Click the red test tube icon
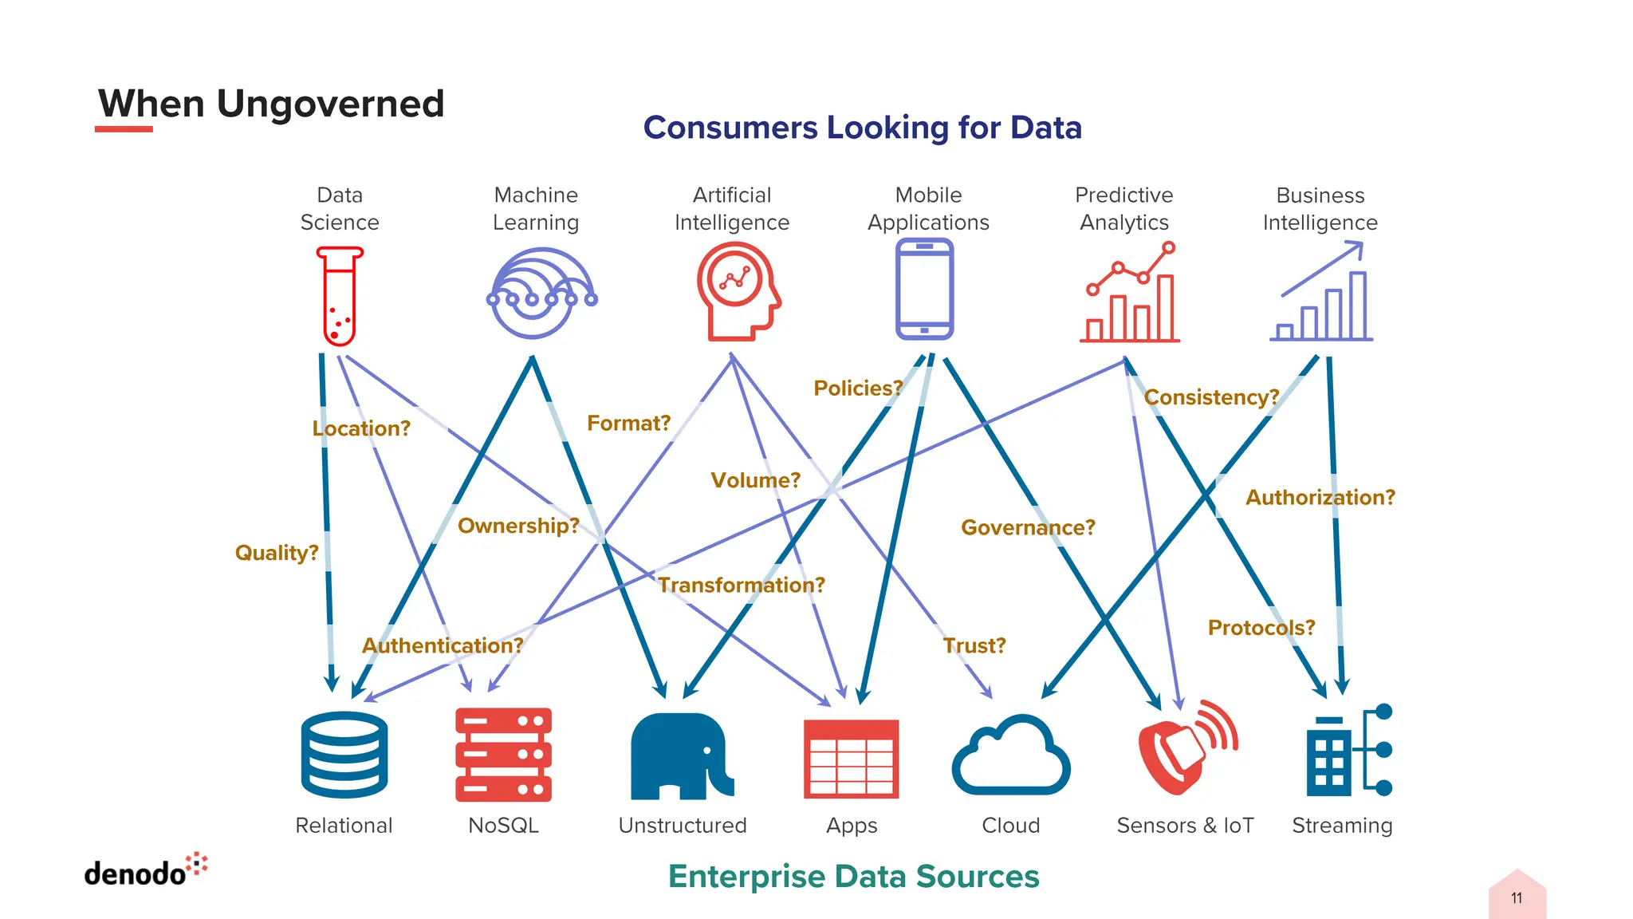[x=340, y=295]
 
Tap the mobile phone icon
[x=924, y=289]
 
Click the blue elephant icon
[x=680, y=756]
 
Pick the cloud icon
[x=1011, y=756]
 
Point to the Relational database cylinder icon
[x=344, y=755]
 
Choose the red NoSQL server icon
[x=503, y=755]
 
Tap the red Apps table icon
[x=851, y=759]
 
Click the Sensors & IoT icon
[x=1186, y=748]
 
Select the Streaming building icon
[x=1348, y=751]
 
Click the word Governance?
[x=1028, y=527]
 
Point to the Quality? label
[x=277, y=553]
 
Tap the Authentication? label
[x=443, y=645]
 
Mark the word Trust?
[x=974, y=645]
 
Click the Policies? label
[x=858, y=389]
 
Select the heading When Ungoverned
[x=271, y=104]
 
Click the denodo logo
[x=145, y=871]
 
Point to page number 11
[x=1517, y=898]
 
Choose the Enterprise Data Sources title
[x=853, y=877]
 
